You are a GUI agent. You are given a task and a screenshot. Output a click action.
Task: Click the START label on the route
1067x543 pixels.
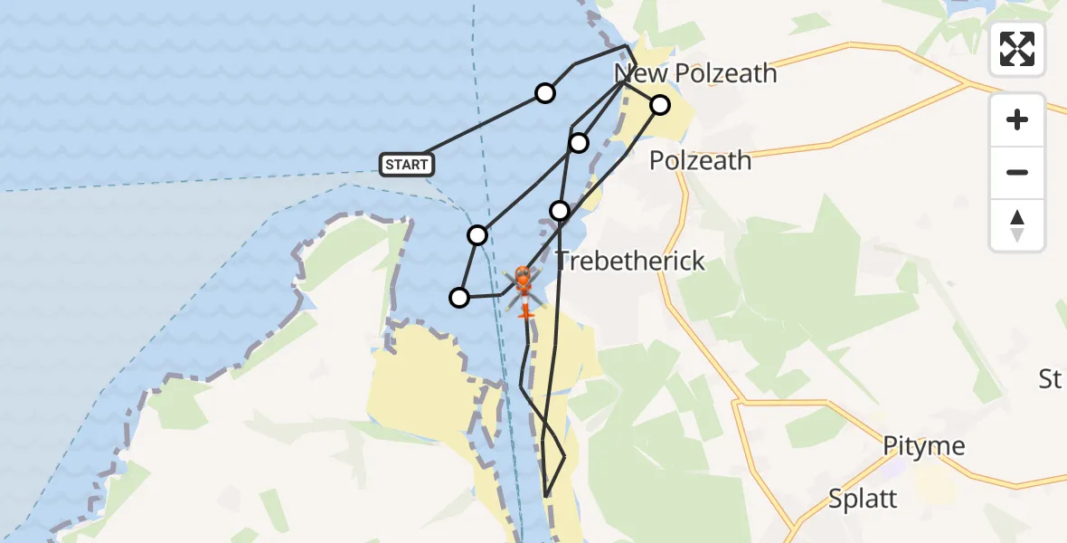point(407,164)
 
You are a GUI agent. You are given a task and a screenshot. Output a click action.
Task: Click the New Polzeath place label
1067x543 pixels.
point(695,73)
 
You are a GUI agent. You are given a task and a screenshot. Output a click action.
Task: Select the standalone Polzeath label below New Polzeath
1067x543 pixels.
point(700,160)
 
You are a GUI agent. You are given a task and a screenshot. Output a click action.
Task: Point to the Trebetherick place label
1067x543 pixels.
point(629,261)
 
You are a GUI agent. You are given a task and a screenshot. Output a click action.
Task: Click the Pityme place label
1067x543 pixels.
point(924,446)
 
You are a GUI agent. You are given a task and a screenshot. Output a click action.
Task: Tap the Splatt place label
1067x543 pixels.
point(863,499)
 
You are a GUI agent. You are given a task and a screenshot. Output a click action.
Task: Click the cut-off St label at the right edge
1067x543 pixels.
point(1050,378)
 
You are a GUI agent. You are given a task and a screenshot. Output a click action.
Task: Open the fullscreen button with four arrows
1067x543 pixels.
point(1017,49)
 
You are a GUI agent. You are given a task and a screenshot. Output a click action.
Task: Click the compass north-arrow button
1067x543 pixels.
point(1017,225)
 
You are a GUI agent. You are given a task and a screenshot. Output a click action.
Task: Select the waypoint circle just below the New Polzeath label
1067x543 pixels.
point(660,105)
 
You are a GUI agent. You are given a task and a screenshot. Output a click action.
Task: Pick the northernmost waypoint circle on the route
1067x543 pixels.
point(545,92)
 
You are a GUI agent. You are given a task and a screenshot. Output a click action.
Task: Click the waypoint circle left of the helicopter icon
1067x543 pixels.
point(459,297)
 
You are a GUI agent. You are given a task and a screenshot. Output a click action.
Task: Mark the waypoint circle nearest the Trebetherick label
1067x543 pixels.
point(560,211)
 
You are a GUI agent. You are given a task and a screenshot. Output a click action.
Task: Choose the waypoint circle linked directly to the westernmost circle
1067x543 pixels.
point(477,235)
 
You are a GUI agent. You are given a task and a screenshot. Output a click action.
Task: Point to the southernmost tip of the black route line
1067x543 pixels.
point(546,496)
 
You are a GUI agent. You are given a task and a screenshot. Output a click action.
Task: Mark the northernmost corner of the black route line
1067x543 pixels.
point(628,45)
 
